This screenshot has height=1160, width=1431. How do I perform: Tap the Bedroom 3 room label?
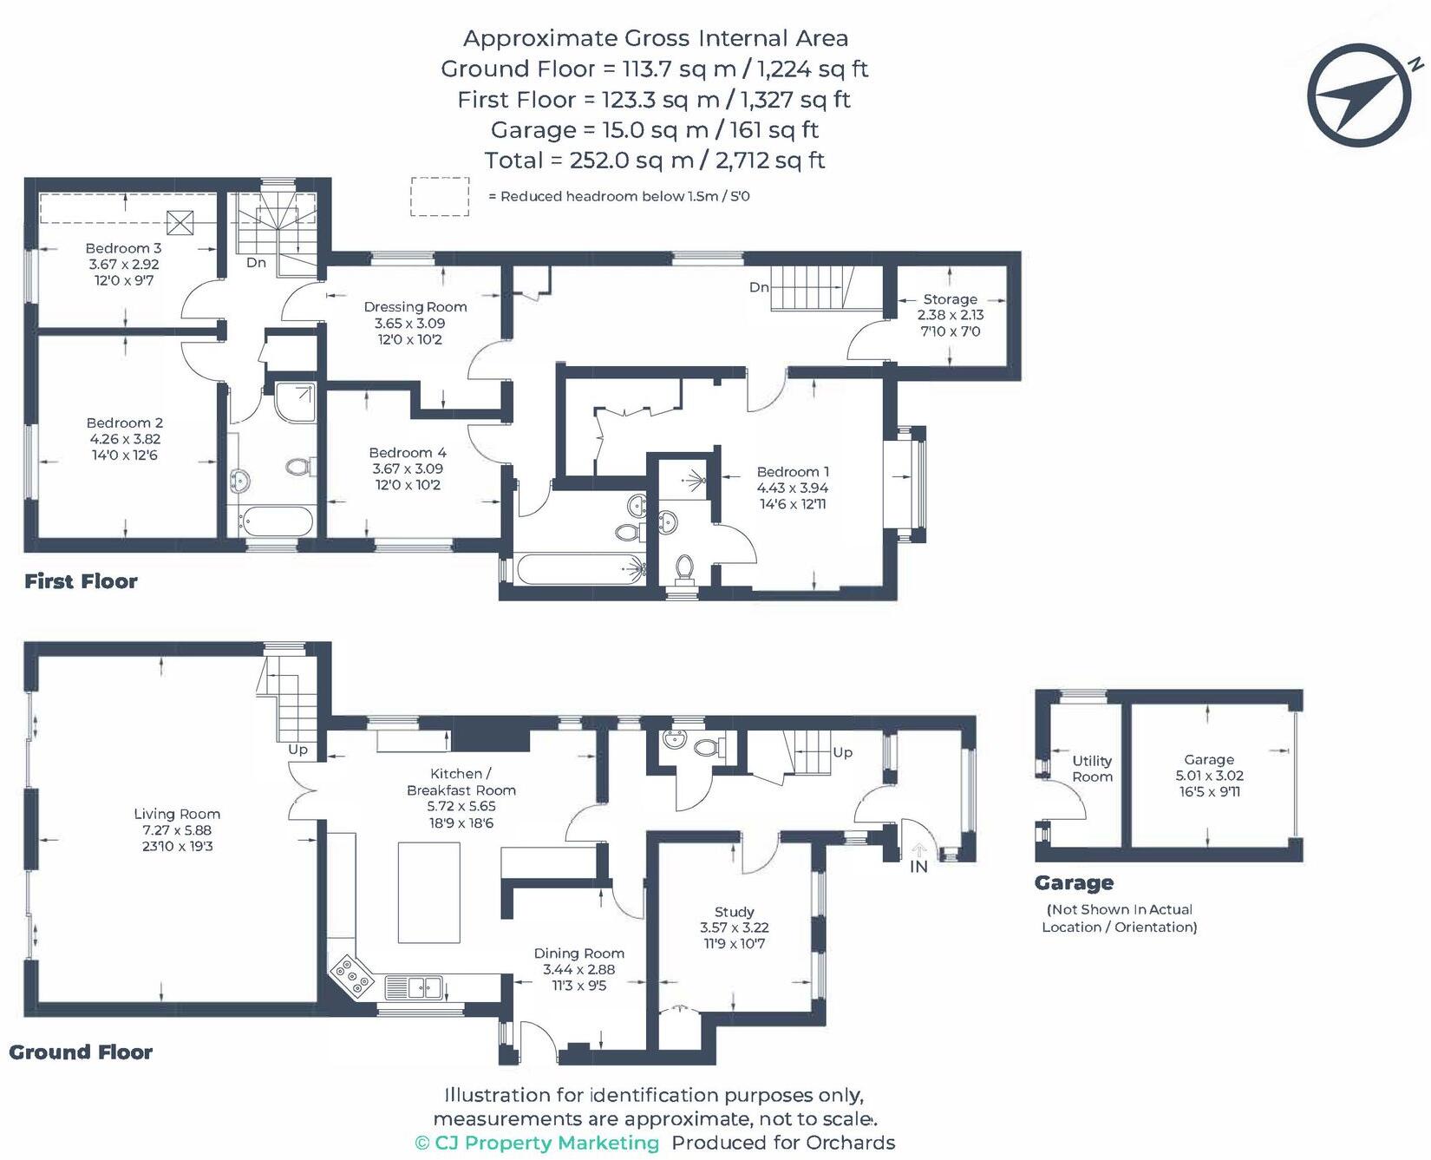pyautogui.click(x=123, y=248)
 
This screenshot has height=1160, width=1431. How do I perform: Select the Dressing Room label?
pyautogui.click(x=415, y=306)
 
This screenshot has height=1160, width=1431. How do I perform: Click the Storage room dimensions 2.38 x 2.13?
pyautogui.click(x=951, y=315)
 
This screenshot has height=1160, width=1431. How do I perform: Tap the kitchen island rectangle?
pyautogui.click(x=429, y=892)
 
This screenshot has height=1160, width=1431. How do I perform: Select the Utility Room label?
pyautogui.click(x=1092, y=769)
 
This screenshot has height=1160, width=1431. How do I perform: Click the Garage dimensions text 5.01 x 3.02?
pyautogui.click(x=1209, y=776)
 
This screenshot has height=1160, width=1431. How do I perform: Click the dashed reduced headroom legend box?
pyautogui.click(x=440, y=196)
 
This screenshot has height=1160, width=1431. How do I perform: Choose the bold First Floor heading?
pyautogui.click(x=81, y=581)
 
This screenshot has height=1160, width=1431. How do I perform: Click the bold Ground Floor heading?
pyautogui.click(x=81, y=1052)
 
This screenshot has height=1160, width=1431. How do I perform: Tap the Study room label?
pyautogui.click(x=734, y=912)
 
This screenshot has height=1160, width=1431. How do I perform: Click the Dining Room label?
pyautogui.click(x=578, y=954)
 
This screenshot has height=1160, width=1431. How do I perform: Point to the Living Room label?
pyautogui.click(x=177, y=814)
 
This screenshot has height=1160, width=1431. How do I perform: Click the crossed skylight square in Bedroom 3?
pyautogui.click(x=180, y=223)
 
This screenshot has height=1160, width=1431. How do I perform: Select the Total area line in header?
pyautogui.click(x=654, y=161)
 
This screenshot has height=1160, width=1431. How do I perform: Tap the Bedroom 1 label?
pyautogui.click(x=793, y=472)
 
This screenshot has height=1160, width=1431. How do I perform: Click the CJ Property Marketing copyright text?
pyautogui.click(x=537, y=1143)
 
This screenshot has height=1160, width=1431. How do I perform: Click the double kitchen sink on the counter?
pyautogui.click(x=414, y=986)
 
